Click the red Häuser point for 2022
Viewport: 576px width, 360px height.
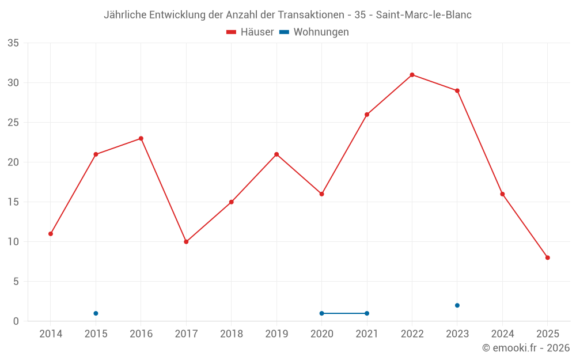point(412,75)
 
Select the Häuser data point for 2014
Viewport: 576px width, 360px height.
point(51,234)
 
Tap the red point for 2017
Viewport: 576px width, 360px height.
point(186,242)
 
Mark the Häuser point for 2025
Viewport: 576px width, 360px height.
point(547,257)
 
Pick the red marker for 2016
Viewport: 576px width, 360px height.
point(141,138)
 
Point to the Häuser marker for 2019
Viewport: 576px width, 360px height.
point(276,154)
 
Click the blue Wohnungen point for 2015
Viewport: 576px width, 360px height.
point(96,313)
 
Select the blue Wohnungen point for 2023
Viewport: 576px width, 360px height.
point(457,305)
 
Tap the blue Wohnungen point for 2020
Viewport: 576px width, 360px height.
point(321,313)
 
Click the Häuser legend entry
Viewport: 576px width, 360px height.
point(250,32)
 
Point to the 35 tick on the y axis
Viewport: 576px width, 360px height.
point(13,43)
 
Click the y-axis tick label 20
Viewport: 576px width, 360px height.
point(13,162)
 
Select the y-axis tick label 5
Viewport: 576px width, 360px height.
point(16,282)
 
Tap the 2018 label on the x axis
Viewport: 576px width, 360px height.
point(231,334)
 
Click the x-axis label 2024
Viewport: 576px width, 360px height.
point(502,334)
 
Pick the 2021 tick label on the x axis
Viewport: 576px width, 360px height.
point(367,334)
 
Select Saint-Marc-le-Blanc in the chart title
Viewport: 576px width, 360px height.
point(423,15)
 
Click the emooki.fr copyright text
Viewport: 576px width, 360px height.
point(526,348)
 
